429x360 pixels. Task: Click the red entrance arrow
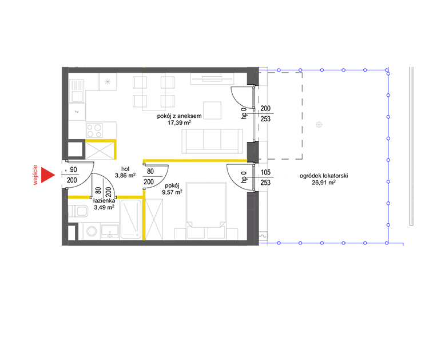click(x=47, y=175)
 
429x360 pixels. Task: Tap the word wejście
click(x=35, y=175)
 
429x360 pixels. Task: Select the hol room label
click(x=125, y=169)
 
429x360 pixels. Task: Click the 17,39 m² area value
click(x=179, y=122)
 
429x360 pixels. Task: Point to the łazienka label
click(x=104, y=201)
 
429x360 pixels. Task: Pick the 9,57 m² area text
click(x=172, y=192)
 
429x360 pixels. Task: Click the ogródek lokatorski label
click(x=324, y=176)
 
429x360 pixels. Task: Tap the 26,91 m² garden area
click(x=324, y=183)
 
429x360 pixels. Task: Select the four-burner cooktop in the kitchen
click(x=94, y=130)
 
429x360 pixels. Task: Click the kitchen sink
click(x=77, y=91)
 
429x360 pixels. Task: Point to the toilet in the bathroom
click(x=79, y=211)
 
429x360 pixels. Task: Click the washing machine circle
click(x=92, y=231)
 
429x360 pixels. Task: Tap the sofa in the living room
click(x=212, y=141)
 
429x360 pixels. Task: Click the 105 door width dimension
click(x=265, y=172)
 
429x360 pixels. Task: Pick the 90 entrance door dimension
click(x=73, y=170)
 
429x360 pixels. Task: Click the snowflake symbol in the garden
click(x=319, y=125)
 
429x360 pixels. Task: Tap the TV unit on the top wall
click(x=212, y=79)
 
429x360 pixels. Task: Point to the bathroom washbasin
click(x=110, y=231)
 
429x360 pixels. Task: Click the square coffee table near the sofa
click(x=212, y=110)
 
